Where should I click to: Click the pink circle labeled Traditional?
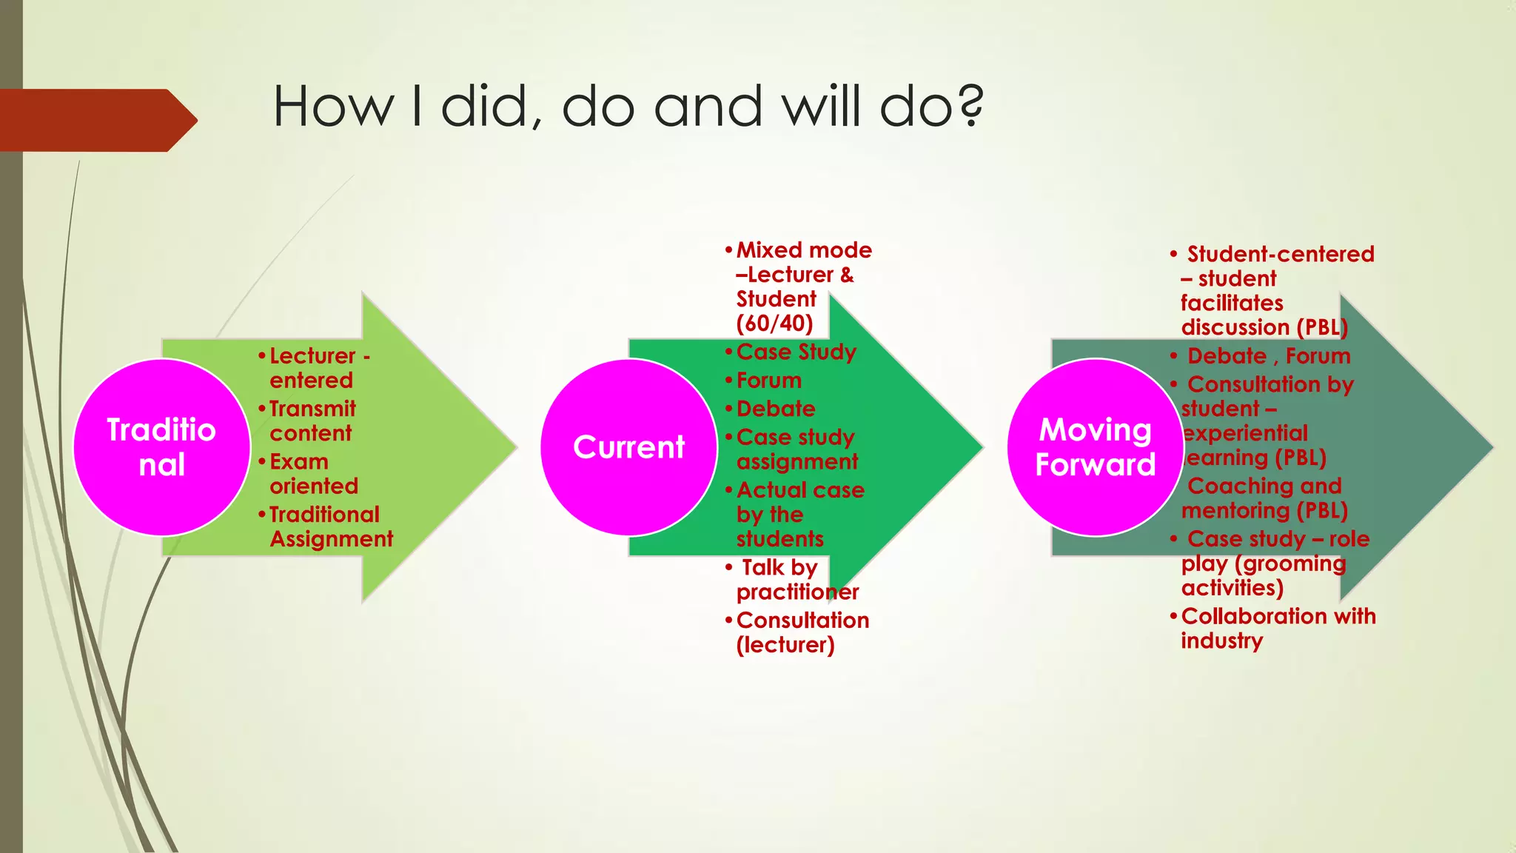click(161, 447)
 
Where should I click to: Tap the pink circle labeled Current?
click(628, 447)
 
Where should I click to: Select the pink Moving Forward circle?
click(1095, 447)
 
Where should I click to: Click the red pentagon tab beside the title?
click(96, 120)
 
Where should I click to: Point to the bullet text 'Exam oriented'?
click(313, 474)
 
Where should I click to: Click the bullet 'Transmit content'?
click(312, 421)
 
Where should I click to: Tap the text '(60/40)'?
click(774, 324)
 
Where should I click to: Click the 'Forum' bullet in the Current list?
click(768, 381)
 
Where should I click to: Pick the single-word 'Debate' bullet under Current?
click(775, 409)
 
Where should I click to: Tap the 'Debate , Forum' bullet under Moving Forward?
click(1268, 356)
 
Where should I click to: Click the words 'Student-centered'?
click(1280, 254)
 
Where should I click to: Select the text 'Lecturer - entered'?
click(318, 368)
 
